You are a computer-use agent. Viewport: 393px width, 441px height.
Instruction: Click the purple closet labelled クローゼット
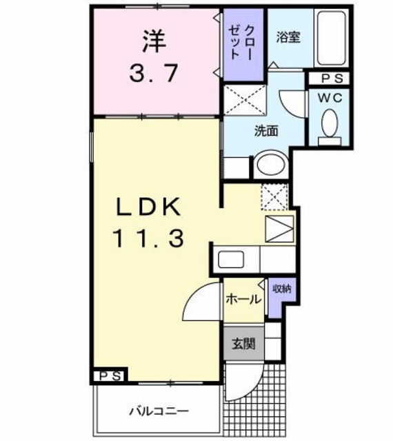click(x=243, y=43)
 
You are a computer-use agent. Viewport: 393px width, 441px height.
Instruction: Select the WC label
click(x=329, y=97)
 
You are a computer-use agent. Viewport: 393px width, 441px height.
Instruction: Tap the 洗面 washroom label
click(x=266, y=130)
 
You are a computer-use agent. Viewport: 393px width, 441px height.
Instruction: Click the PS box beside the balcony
click(x=110, y=376)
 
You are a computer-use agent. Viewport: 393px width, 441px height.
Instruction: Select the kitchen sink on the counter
click(x=230, y=260)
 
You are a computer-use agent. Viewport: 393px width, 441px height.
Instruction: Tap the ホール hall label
click(x=243, y=299)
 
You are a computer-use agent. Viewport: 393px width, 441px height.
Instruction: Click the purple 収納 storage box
click(x=281, y=289)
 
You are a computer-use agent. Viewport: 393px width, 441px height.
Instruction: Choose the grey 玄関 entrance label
click(x=243, y=343)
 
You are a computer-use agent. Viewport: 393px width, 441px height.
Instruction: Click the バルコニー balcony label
click(x=159, y=412)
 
